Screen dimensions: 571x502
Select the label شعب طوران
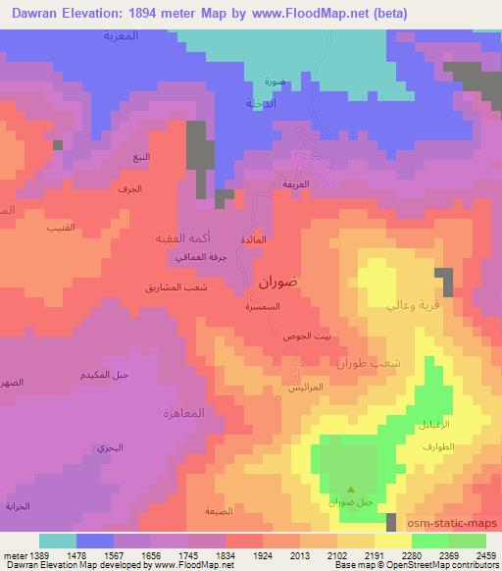coord(369,363)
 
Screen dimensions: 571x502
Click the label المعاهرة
coord(183,412)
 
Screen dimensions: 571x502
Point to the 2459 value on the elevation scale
coord(484,553)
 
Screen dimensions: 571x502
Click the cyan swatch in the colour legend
coord(57,540)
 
